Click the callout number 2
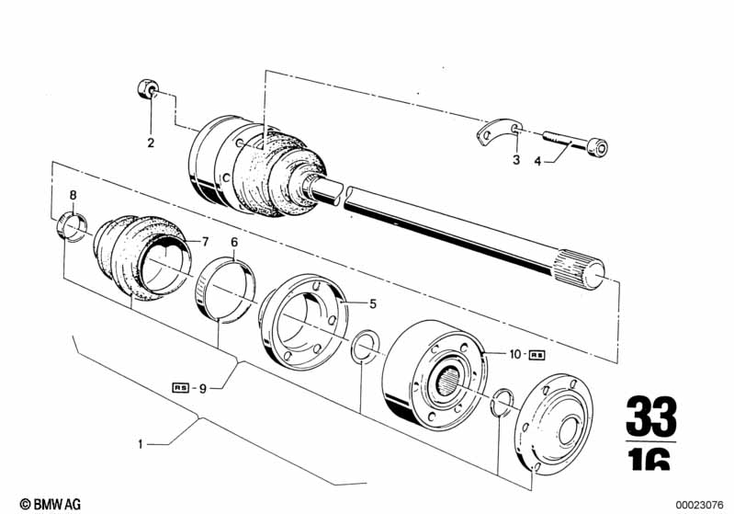[151, 143]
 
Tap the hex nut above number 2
[148, 89]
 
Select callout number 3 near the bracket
[516, 160]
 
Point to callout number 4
[537, 161]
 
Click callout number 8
[73, 195]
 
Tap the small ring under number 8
[71, 227]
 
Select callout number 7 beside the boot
[205, 242]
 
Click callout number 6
[234, 242]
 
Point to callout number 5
[373, 303]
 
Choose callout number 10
[515, 354]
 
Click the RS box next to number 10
[536, 355]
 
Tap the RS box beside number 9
[181, 387]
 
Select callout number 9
[203, 388]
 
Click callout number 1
[141, 443]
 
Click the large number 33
[651, 416]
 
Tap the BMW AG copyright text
[51, 504]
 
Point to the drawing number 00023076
[699, 505]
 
